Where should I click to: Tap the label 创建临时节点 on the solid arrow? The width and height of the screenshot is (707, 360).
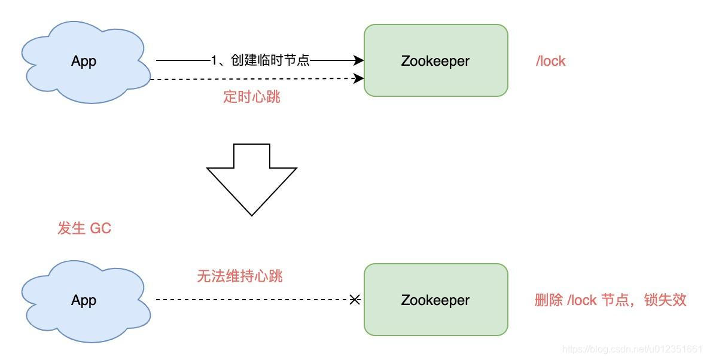(260, 60)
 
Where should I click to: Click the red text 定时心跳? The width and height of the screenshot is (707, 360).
(252, 97)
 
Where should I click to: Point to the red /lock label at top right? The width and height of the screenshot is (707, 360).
(550, 61)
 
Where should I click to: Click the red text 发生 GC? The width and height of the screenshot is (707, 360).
(84, 228)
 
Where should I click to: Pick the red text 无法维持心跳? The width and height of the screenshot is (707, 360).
(240, 276)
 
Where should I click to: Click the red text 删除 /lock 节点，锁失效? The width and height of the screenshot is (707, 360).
(610, 300)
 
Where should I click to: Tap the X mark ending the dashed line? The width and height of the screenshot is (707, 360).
(355, 300)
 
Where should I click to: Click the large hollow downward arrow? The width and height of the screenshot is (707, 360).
(252, 179)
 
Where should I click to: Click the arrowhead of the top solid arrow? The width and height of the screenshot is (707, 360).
(359, 60)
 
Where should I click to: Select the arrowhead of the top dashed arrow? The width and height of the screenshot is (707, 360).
(359, 78)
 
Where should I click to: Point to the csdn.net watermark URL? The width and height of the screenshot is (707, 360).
(632, 349)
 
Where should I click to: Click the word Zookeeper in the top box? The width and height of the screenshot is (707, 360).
(435, 61)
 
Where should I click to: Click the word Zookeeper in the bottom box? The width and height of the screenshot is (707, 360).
(435, 300)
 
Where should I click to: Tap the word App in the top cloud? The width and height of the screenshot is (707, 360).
(84, 61)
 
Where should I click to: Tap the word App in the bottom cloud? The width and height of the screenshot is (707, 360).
(84, 300)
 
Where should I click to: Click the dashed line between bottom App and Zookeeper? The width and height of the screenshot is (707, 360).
(251, 300)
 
